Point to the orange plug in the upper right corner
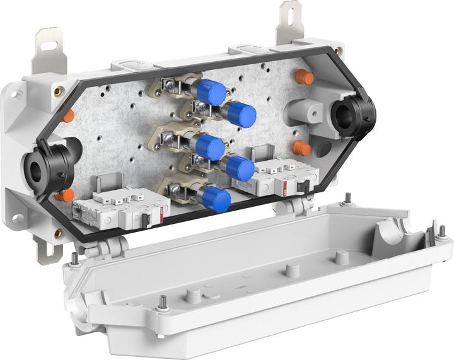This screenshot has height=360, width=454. tap(305, 78)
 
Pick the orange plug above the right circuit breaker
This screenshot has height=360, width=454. tap(301, 148)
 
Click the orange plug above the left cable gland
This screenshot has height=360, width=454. tap(68, 116)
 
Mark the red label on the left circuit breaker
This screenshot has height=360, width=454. tap(161, 215)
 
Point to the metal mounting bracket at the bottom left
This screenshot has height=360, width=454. tap(45, 249)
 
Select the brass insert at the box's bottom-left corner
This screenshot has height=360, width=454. tap(59, 233)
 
